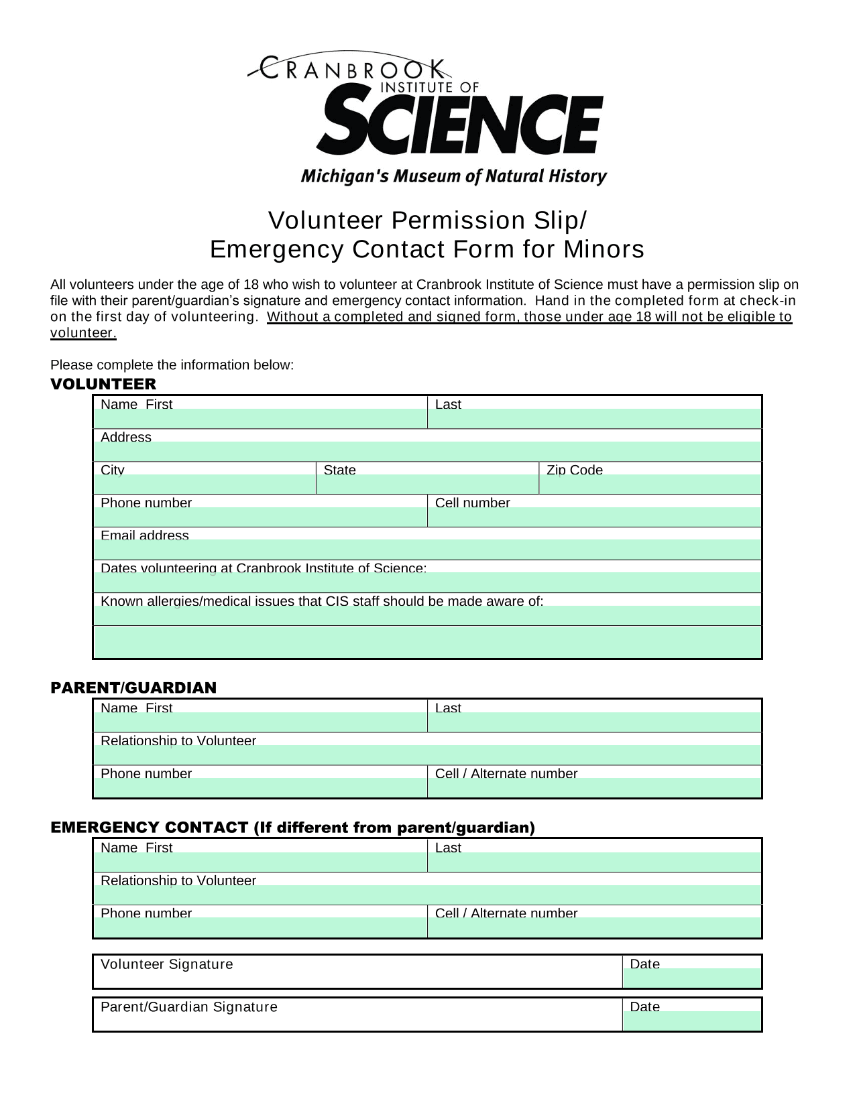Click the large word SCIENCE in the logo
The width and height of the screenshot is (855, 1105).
(x=460, y=125)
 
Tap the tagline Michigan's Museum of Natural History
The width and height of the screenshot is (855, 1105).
(x=453, y=176)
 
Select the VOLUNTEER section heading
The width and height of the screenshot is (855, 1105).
(x=103, y=385)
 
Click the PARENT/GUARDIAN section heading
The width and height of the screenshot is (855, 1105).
(x=133, y=688)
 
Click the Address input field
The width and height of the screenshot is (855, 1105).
(x=427, y=452)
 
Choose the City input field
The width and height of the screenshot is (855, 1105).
(x=205, y=484)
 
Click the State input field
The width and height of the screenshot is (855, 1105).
(x=427, y=484)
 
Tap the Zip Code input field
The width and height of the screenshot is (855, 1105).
(x=650, y=484)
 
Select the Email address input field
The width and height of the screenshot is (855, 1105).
(x=427, y=550)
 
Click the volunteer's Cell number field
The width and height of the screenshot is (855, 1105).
(x=594, y=517)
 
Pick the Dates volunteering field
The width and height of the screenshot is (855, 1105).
(x=427, y=583)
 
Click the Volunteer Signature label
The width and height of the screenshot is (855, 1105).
(x=167, y=964)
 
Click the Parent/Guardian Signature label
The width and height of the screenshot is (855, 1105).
(x=188, y=1007)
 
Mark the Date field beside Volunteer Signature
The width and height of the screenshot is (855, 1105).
(x=692, y=978)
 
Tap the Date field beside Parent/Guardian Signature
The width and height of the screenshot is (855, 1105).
(x=692, y=1021)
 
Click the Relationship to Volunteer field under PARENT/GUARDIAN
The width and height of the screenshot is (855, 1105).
(x=427, y=755)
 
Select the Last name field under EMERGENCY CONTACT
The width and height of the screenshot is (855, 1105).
(x=594, y=862)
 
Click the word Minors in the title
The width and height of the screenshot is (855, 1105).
(x=604, y=249)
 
